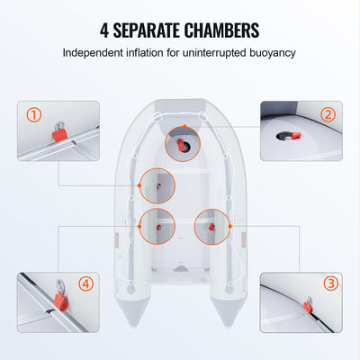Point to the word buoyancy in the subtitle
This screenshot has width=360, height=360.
point(270,52)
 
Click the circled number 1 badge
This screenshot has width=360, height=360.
point(34,114)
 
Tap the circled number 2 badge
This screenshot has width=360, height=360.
point(328,114)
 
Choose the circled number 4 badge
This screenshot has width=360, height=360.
point(86,283)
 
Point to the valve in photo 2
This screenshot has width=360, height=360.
point(292,135)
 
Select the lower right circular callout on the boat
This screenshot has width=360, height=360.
point(212,226)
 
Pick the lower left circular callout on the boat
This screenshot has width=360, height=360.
point(157,226)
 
